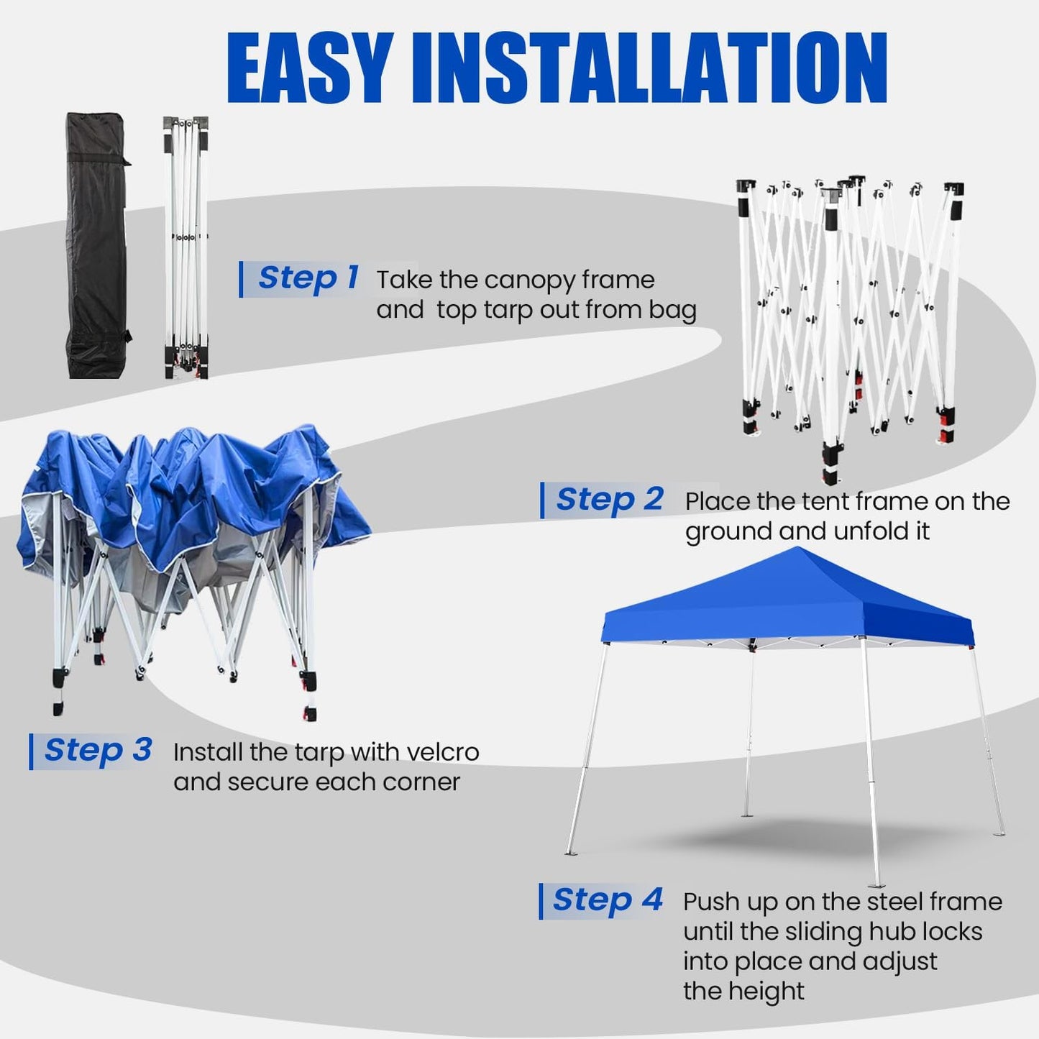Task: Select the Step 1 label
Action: [308, 278]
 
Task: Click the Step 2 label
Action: [609, 500]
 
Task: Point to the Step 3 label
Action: [98, 751]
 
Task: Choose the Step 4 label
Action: [607, 900]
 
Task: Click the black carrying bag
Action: [97, 244]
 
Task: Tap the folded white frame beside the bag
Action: [186, 244]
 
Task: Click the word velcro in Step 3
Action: [442, 752]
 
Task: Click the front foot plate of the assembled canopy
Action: [874, 884]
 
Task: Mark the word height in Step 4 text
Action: [763, 992]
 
